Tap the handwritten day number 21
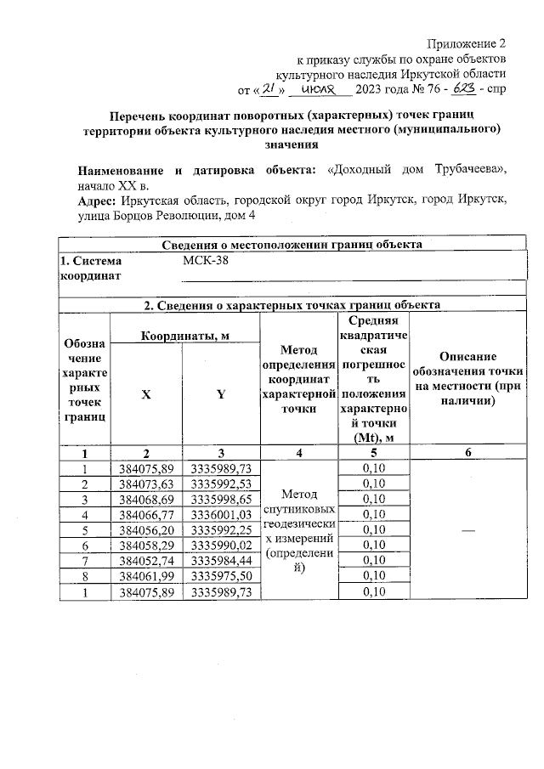pos(267,89)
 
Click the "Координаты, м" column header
pos(184,336)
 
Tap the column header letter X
pos(146,394)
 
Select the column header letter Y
pos(220,394)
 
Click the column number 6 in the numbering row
pos(468,453)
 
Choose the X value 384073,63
pos(146,483)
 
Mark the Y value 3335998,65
pos(220,499)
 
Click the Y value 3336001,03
pos(220,514)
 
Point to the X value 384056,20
pos(146,529)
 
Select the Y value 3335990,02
pos(220,545)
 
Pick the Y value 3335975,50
pos(220,576)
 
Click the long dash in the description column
pos(468,529)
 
